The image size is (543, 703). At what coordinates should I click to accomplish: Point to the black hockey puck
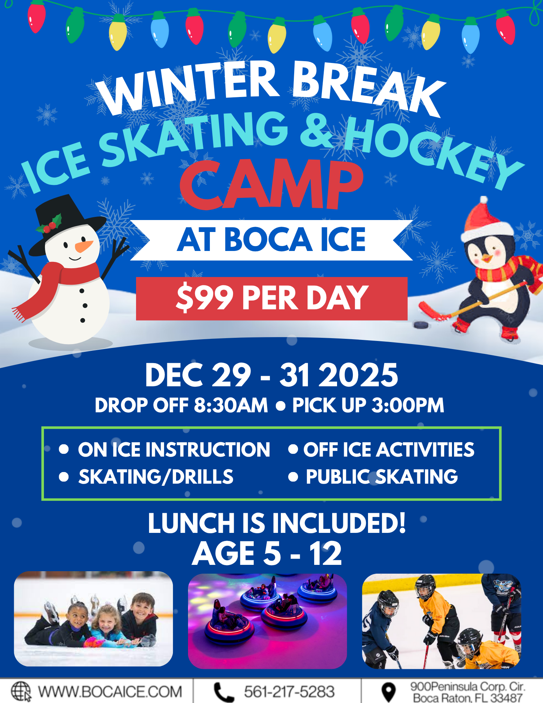tap(421, 324)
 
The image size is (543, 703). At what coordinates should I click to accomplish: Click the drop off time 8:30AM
tap(231, 405)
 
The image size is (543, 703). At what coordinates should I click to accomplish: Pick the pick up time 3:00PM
tap(408, 405)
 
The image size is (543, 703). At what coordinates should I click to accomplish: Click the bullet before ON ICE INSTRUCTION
tap(64, 449)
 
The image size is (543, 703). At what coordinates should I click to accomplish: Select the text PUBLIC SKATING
tap(382, 477)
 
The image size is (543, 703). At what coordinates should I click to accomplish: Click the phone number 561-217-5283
tap(289, 692)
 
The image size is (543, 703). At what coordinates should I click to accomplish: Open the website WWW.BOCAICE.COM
tap(110, 692)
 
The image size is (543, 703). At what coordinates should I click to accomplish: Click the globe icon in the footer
tap(21, 691)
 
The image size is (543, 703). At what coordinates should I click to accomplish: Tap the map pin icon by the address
tap(388, 692)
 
